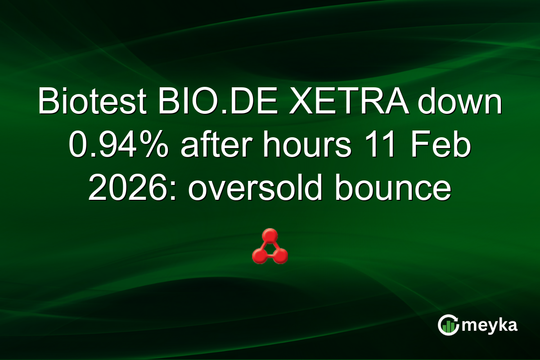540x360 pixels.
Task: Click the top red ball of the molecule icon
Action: tap(270, 235)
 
